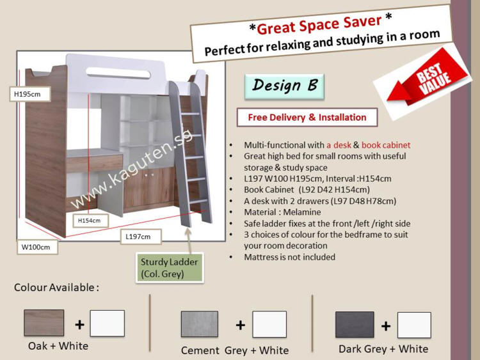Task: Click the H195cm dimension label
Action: click(29, 94)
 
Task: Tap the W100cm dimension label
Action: click(37, 247)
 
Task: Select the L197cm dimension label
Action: click(141, 237)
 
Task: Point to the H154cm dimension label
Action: click(91, 221)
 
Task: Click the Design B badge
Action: click(284, 86)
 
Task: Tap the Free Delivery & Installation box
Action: click(307, 117)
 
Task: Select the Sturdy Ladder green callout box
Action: click(170, 267)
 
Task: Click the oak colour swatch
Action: click(44, 323)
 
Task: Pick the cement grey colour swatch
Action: click(200, 324)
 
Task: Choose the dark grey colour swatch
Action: click(355, 324)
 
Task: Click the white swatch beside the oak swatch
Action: click(107, 324)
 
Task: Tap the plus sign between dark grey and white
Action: click(386, 326)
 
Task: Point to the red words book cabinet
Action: click(386, 145)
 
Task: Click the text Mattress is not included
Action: click(289, 257)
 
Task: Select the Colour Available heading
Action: click(56, 288)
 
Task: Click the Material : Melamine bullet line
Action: click(282, 212)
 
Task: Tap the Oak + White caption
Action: click(58, 346)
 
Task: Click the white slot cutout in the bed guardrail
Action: click(118, 73)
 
